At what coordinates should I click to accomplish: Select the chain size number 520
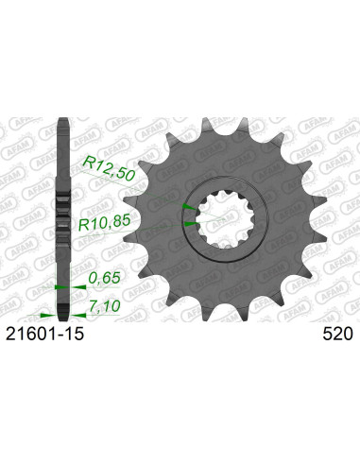coord(337,335)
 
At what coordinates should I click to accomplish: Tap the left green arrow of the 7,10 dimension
coord(45,315)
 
